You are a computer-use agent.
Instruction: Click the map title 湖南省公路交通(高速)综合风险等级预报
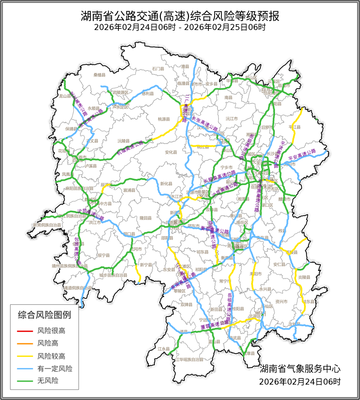point(180,16)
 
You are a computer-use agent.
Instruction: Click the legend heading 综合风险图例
point(44,315)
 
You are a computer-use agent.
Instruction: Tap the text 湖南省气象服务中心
point(300,369)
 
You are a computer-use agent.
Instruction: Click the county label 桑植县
point(99,75)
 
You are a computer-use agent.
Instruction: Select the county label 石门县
point(158,68)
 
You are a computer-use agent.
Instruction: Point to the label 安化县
point(171,152)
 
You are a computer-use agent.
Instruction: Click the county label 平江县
point(294,127)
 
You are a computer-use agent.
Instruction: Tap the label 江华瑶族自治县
point(189,359)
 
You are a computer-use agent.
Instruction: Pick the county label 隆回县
point(146,218)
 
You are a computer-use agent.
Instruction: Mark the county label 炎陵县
point(304,277)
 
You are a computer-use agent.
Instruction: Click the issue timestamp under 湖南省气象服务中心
point(300,381)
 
